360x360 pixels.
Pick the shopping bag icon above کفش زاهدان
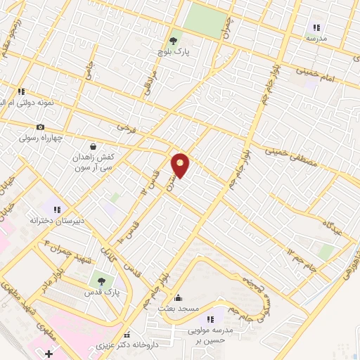coord(93,147)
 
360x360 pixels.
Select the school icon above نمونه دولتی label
coord(21,91)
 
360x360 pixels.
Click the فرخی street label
coord(125,129)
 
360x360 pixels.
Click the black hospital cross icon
coord(48,352)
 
